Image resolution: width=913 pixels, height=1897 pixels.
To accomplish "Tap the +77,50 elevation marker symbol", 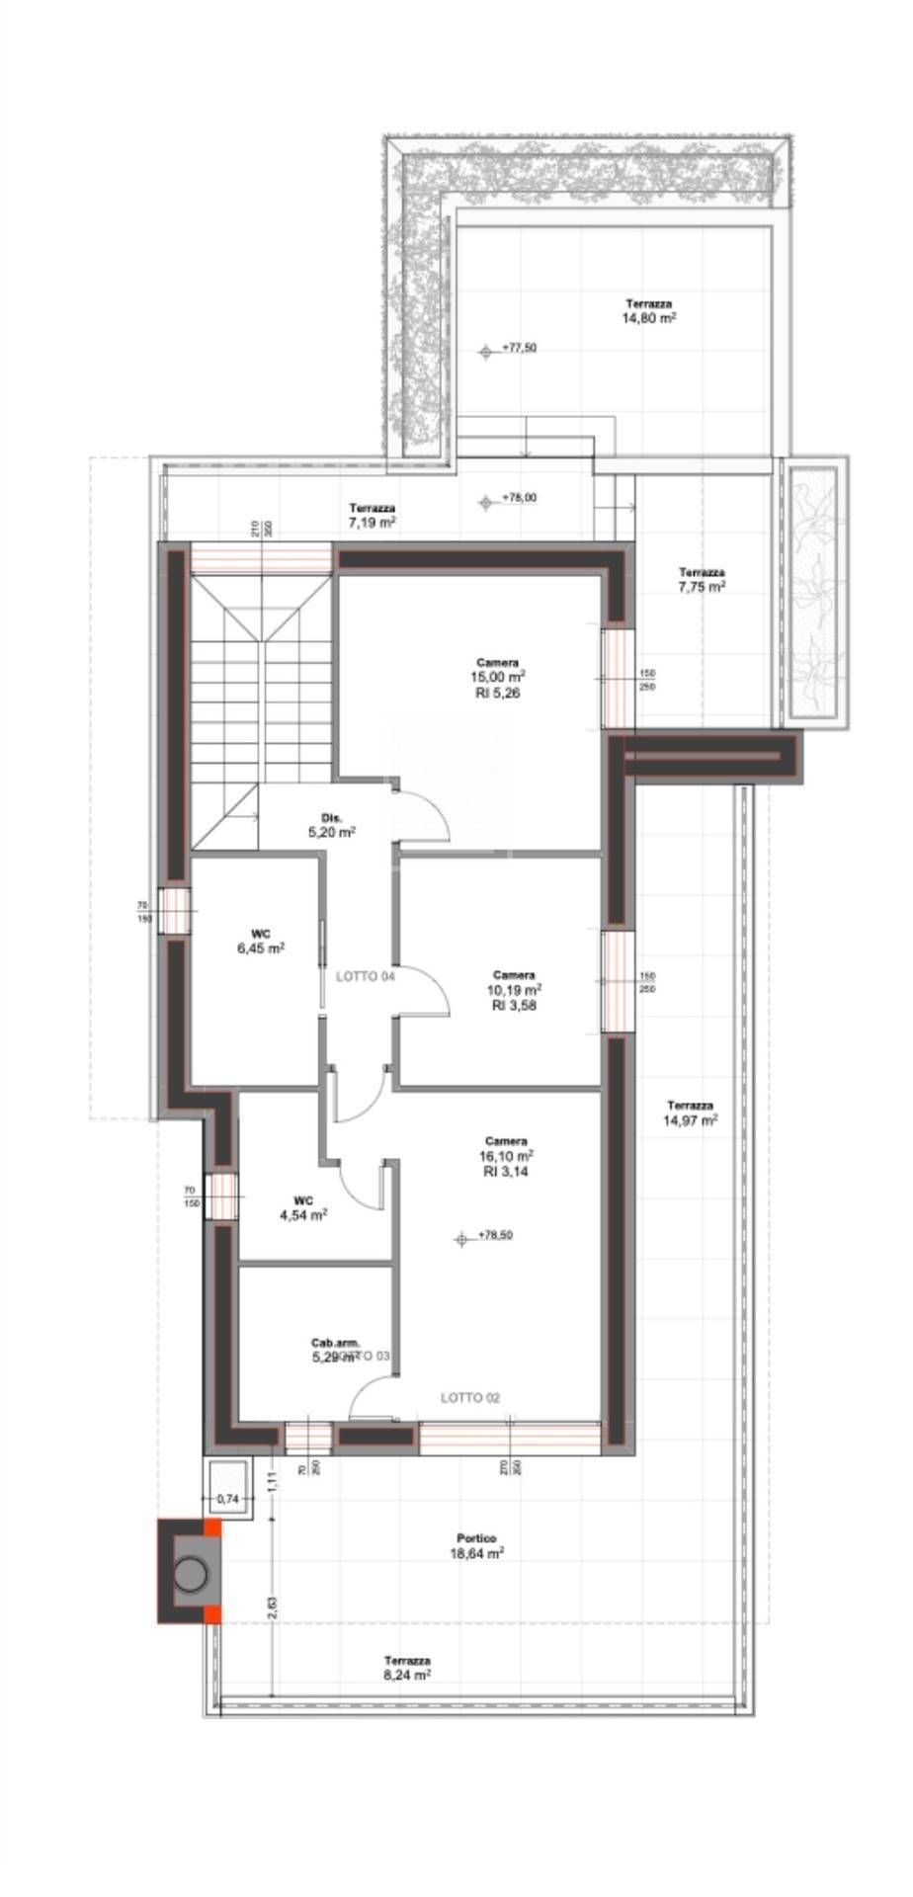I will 485,350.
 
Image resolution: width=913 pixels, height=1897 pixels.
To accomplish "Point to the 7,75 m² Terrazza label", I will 702,579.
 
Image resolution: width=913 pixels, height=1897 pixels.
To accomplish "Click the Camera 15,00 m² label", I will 497,678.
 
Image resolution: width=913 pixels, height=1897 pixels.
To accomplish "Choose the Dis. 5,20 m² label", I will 332,825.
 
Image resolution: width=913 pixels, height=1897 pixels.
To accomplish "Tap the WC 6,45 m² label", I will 261,940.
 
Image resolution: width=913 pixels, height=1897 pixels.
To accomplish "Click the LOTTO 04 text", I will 366,977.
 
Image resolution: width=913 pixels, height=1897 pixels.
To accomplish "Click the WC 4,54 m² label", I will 303,1208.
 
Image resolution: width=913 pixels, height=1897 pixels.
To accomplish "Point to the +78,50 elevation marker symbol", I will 460,1238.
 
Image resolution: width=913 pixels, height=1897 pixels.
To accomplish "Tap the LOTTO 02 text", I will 470,1397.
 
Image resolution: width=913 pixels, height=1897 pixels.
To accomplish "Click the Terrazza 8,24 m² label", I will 407,1668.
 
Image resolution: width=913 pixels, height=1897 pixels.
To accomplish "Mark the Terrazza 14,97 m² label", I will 691,1113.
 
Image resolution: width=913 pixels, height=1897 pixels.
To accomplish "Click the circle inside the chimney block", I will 190,1570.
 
